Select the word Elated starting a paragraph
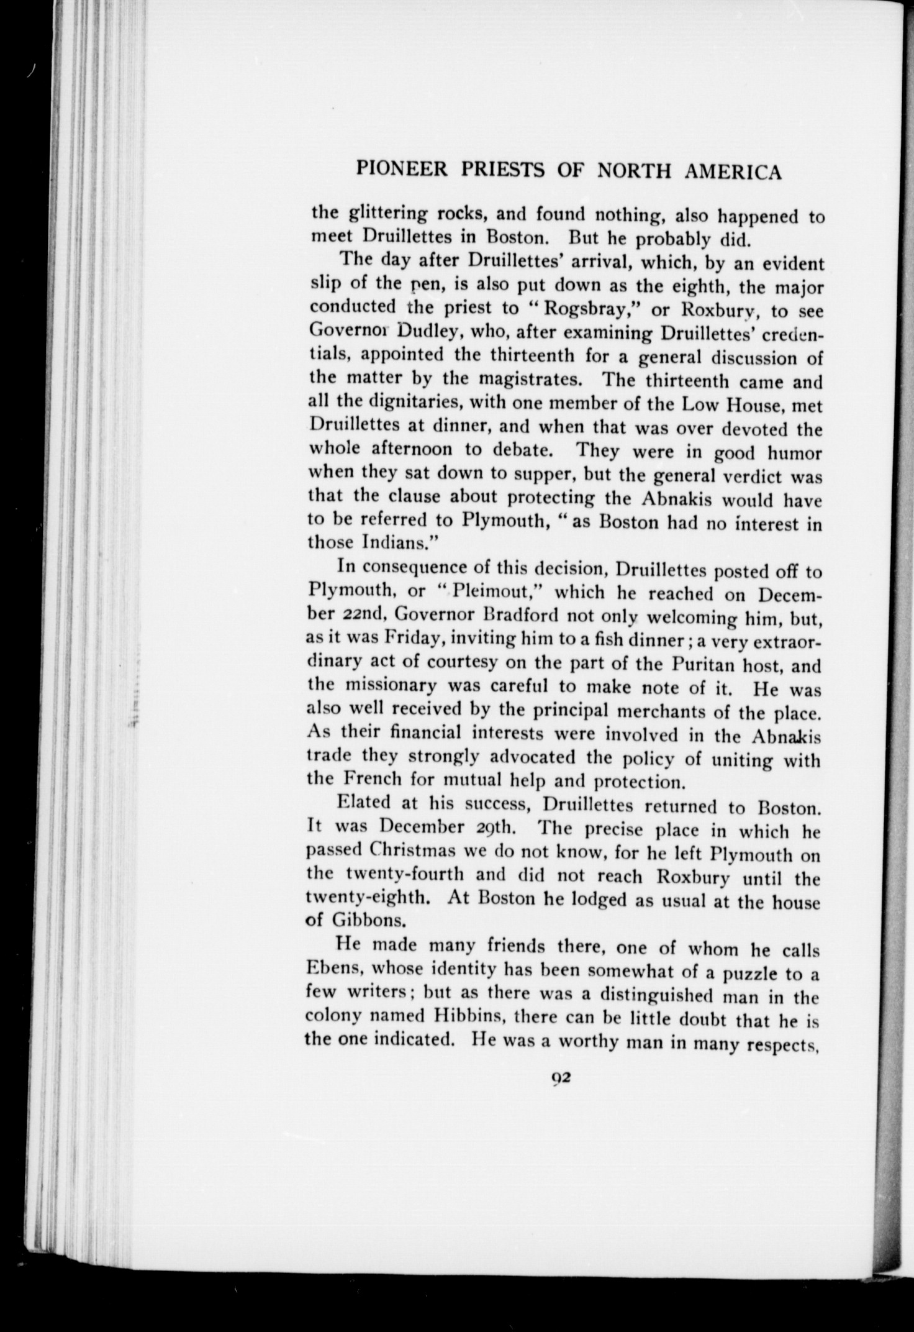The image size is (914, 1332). pos(366,802)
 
